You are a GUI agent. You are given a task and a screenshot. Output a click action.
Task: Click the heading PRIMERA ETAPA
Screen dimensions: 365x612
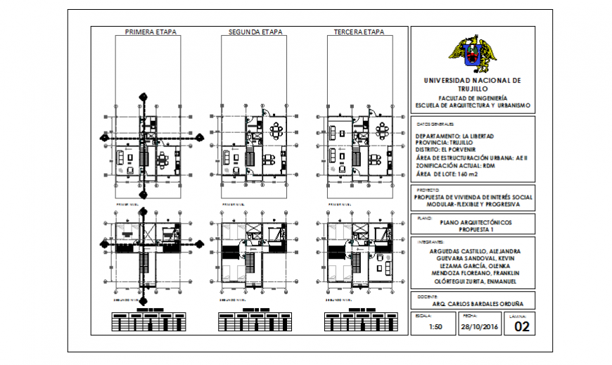click(x=150, y=32)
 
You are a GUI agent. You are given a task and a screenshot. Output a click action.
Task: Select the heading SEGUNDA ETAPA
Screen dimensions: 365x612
click(x=255, y=32)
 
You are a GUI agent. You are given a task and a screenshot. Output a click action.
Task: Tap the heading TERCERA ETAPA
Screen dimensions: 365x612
click(x=359, y=32)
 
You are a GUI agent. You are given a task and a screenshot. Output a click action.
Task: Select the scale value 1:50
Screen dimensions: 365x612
click(x=425, y=327)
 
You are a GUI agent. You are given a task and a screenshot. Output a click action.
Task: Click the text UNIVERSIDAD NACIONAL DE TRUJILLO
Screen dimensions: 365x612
click(x=472, y=84)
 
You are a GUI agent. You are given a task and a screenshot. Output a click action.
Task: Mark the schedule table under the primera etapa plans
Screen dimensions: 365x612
click(x=149, y=322)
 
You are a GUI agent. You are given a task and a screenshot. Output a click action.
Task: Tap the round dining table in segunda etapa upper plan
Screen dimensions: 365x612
click(x=277, y=131)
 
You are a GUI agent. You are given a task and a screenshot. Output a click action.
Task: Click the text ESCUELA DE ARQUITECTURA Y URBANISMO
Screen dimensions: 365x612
click(x=472, y=105)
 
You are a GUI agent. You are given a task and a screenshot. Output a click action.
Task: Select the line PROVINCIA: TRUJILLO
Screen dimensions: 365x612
click(x=447, y=142)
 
